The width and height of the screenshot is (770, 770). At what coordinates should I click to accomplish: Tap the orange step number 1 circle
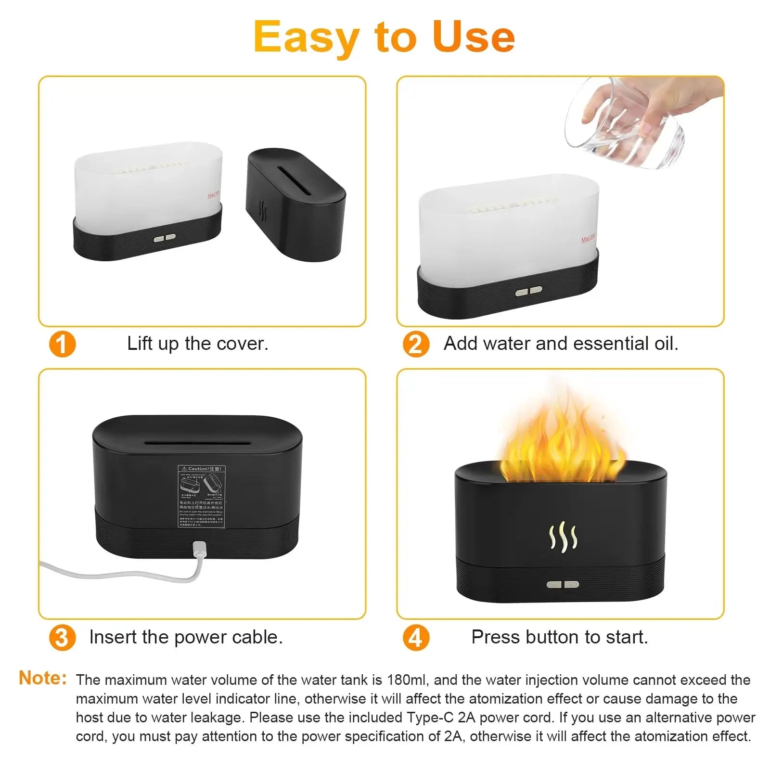[x=63, y=345]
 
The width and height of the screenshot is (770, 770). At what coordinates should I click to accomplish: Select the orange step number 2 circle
[x=416, y=345]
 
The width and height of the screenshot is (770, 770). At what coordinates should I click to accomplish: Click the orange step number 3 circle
[x=63, y=638]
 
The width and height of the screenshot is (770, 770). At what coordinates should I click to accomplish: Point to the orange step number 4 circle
[x=416, y=638]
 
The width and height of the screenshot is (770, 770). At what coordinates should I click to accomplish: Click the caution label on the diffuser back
[x=202, y=496]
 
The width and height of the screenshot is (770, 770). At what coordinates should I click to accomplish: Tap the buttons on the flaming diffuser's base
[x=563, y=585]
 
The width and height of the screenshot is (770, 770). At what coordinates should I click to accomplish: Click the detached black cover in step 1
[x=295, y=205]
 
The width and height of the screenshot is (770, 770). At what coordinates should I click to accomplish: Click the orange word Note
[x=42, y=678]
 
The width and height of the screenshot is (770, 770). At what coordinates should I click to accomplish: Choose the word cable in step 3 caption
[x=257, y=637]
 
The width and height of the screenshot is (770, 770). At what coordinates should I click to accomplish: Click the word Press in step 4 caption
[x=496, y=637]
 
